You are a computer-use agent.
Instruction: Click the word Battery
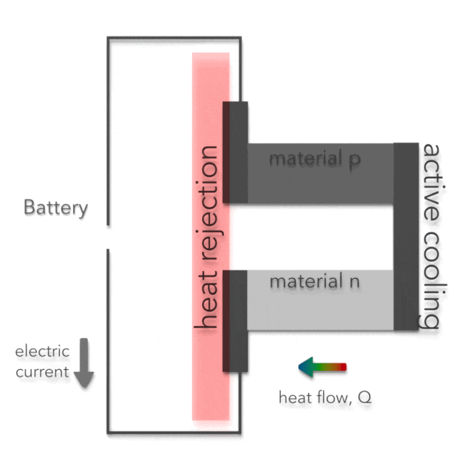55,208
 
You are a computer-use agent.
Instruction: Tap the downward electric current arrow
84,363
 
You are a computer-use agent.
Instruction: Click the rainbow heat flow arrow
322,367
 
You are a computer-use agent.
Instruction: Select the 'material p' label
315,159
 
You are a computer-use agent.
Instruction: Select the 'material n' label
314,282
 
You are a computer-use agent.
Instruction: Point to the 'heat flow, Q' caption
325,398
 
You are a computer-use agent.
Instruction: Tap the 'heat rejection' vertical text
208,237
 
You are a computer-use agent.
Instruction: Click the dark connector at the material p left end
235,152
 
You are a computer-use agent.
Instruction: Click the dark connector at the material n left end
235,321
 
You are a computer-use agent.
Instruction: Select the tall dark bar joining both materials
406,236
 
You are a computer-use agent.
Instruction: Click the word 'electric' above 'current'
42,352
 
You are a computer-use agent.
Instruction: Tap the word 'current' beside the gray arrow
42,372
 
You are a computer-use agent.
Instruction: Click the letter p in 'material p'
354,160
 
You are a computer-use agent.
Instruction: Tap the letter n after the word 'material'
354,283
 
